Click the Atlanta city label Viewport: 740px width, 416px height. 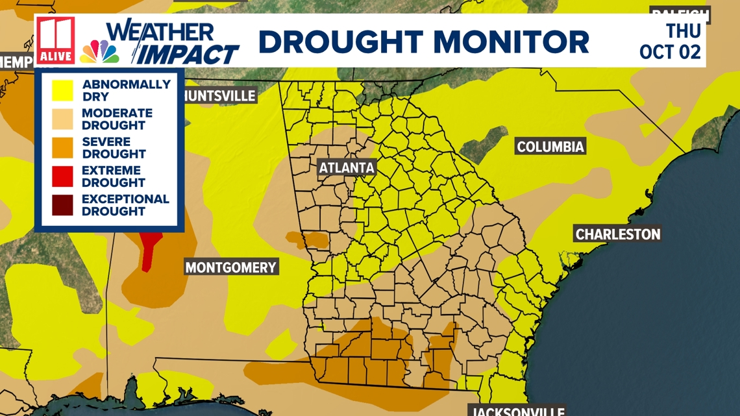pyautogui.click(x=347, y=168)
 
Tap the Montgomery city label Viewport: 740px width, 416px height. pyautogui.click(x=231, y=267)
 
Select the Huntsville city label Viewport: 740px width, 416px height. pyautogui.click(x=220, y=96)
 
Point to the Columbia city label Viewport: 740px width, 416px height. pyautogui.click(x=550, y=147)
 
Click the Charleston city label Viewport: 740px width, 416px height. pyautogui.click(x=618, y=234)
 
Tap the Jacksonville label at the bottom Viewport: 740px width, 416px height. pyautogui.click(x=517, y=411)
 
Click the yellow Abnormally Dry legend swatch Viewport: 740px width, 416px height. pyautogui.click(x=62, y=90)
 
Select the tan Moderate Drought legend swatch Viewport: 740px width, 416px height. pyautogui.click(x=62, y=119)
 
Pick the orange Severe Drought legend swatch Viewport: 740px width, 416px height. pyautogui.click(x=62, y=147)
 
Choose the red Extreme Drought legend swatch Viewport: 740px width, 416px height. pyautogui.click(x=62, y=177)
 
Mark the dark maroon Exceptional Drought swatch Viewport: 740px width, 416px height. pyautogui.click(x=62, y=205)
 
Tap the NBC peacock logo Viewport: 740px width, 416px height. pyautogui.click(x=99, y=52)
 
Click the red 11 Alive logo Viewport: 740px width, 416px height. pyautogui.click(x=56, y=40)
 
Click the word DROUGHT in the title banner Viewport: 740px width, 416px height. pyautogui.click(x=340, y=42)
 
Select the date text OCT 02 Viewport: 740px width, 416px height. pyautogui.click(x=670, y=52)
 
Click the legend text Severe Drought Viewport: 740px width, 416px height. pyautogui.click(x=114, y=148)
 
